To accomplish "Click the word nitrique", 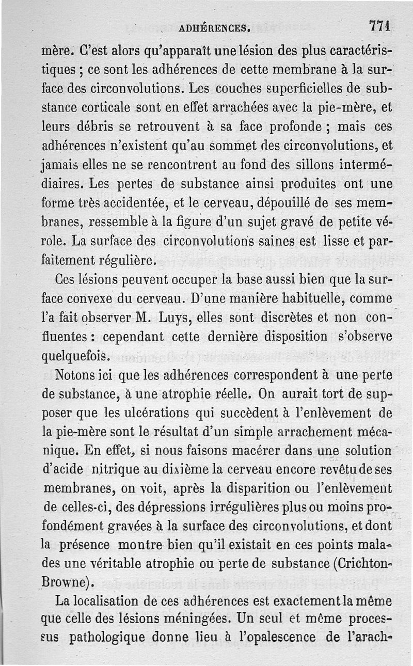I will coord(115,470).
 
